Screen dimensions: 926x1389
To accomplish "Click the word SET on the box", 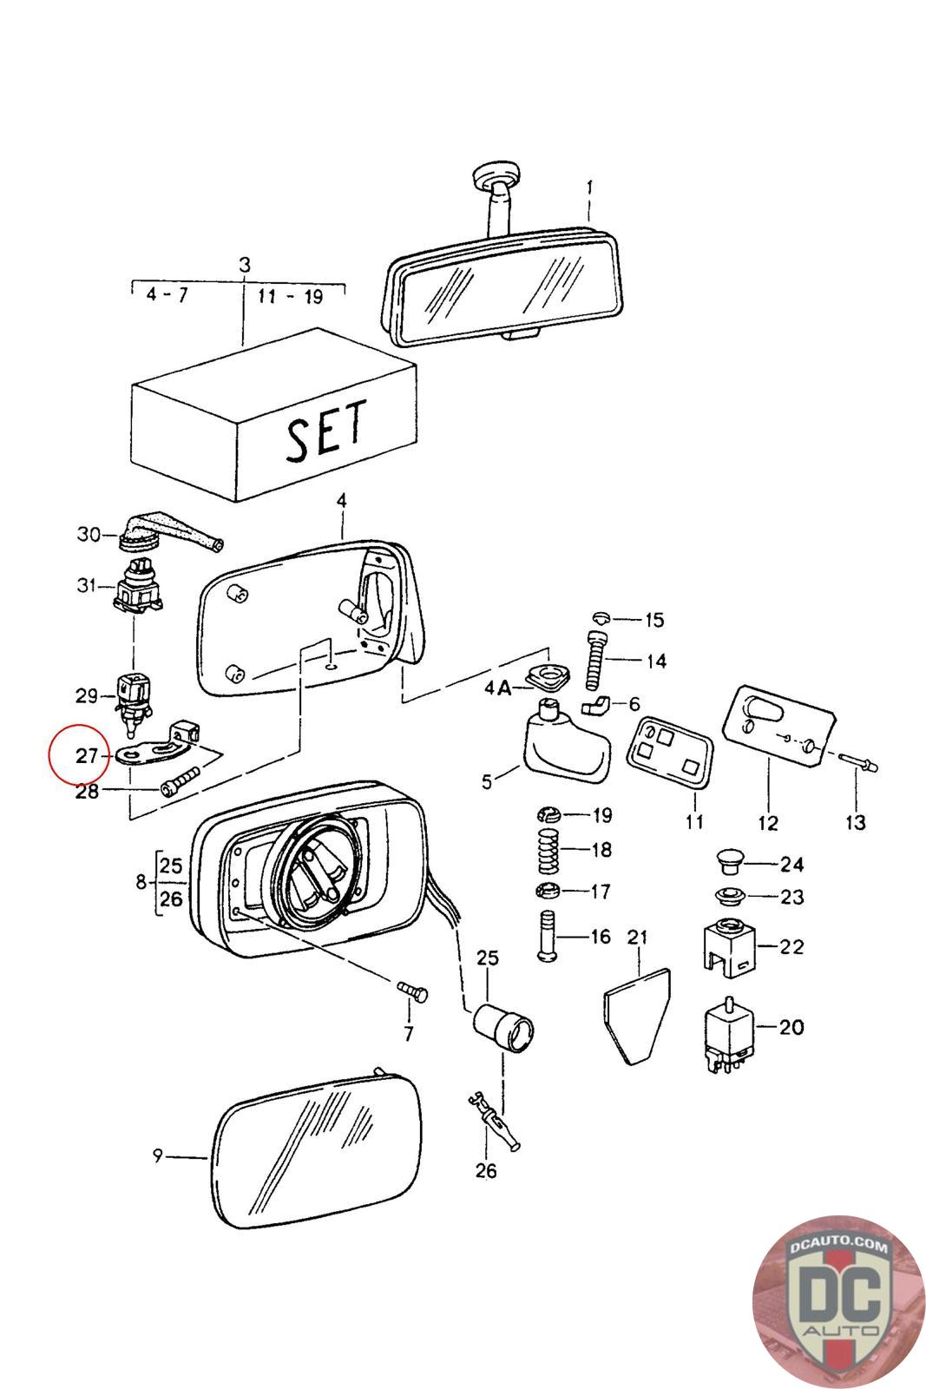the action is (326, 431).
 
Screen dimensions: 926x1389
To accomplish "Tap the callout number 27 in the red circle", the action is (87, 756).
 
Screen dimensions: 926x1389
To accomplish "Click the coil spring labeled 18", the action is (548, 851).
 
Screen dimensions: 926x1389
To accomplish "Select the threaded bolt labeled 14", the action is (596, 661).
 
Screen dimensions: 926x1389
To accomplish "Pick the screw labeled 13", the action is (858, 763).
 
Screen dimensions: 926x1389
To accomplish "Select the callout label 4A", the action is (497, 687).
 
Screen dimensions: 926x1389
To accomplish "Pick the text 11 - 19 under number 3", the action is (290, 296).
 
